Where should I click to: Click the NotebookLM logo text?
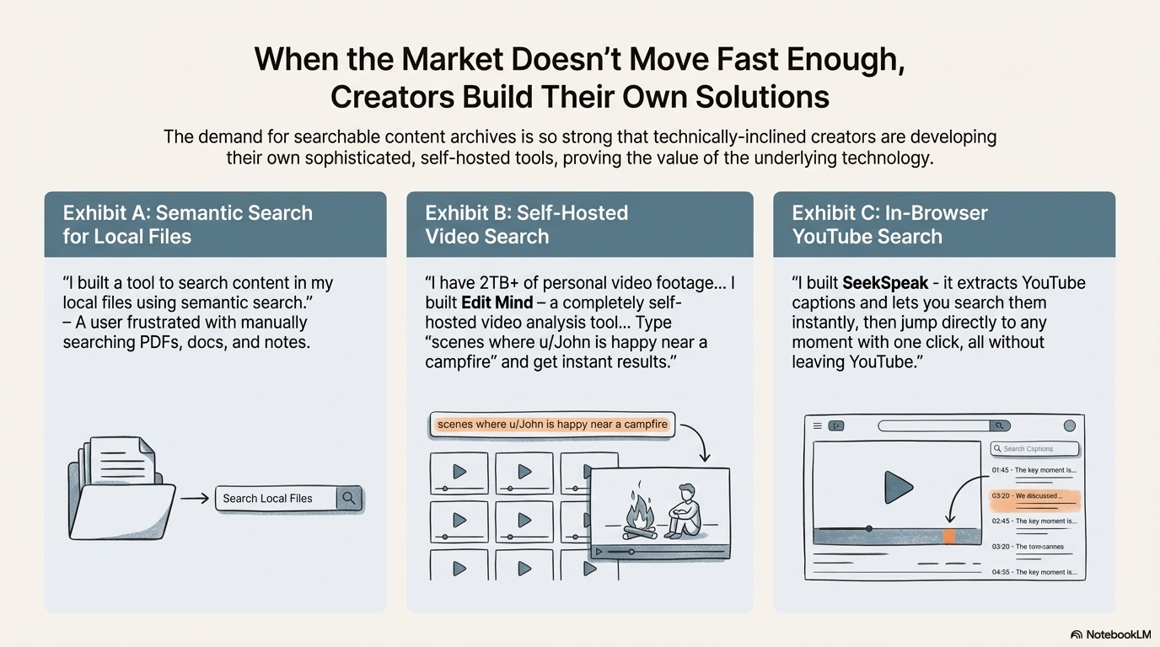[1118, 634]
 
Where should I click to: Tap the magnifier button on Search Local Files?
[349, 498]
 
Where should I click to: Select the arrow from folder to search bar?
[195, 499]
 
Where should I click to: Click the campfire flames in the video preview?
[639, 513]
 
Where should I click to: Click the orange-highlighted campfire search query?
[552, 425]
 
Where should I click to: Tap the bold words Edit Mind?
[497, 302]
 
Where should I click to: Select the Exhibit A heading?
[187, 224]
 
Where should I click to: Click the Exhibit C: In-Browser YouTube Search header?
[889, 224]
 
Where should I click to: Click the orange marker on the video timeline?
[949, 536]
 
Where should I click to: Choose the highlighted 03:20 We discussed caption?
[1034, 496]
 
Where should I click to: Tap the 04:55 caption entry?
[1034, 572]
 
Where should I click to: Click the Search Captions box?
[1034, 449]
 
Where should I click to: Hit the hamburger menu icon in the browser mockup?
[817, 426]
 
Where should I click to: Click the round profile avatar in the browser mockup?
[1070, 426]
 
